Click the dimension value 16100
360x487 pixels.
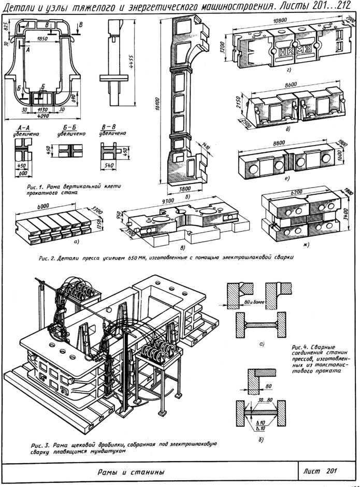(157, 104)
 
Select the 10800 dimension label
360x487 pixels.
(280, 20)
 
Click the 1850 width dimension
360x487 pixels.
(42, 39)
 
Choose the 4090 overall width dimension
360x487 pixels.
(42, 116)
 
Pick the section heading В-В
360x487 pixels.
(109, 127)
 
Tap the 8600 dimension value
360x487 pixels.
(291, 84)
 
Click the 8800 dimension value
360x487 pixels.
(279, 143)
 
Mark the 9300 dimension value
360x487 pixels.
(168, 200)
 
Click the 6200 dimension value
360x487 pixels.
(297, 193)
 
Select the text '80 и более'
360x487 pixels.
(253, 302)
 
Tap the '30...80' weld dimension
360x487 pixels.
(265, 400)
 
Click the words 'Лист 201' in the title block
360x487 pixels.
(320, 471)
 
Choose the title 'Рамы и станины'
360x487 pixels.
(131, 472)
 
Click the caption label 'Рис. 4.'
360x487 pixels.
(300, 347)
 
